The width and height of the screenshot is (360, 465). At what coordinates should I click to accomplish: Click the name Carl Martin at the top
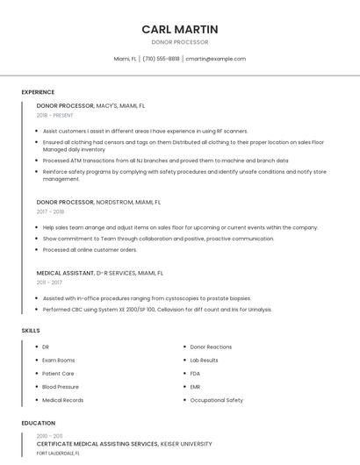tap(180, 29)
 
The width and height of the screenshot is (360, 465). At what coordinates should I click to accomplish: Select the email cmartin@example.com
tap(215, 59)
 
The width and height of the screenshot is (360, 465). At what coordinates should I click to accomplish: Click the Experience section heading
tap(38, 92)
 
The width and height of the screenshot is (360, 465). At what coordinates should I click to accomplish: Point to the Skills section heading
tap(31, 330)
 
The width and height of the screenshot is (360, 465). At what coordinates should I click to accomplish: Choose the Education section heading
tap(38, 423)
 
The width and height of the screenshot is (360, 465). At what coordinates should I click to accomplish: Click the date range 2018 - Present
tap(55, 115)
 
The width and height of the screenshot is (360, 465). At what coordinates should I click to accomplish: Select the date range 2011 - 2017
tap(49, 283)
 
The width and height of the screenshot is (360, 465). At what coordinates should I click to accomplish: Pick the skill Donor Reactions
tap(211, 347)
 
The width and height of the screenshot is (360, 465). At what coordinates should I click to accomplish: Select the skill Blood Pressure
tap(61, 386)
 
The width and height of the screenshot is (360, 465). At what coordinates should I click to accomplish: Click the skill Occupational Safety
tap(217, 400)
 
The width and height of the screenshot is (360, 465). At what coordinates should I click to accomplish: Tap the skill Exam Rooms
tap(59, 360)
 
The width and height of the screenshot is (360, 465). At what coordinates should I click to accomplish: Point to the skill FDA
tap(195, 373)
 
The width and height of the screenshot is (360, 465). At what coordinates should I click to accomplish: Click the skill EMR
tap(195, 386)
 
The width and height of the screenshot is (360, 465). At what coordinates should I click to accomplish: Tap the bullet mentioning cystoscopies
tap(147, 297)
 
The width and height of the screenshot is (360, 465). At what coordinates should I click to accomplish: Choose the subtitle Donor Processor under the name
tap(180, 42)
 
